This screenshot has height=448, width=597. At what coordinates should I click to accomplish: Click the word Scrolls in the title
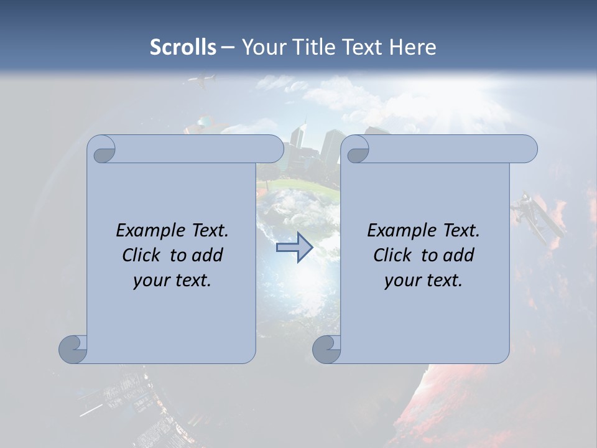(x=183, y=47)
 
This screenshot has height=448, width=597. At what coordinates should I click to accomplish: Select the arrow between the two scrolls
(x=294, y=248)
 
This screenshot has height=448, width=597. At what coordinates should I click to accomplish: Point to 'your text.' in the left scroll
(x=172, y=281)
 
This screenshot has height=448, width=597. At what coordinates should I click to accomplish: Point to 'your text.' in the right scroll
(x=423, y=281)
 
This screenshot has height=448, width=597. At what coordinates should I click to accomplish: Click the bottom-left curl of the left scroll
(x=73, y=349)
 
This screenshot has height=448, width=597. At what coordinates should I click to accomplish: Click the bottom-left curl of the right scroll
(x=326, y=349)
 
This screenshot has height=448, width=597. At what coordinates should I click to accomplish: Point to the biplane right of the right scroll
(x=537, y=218)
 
